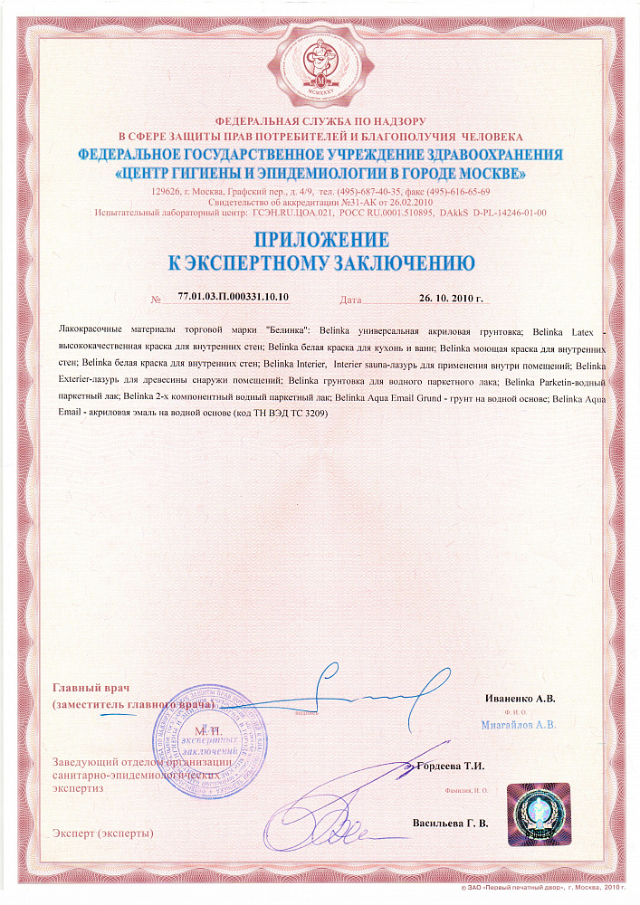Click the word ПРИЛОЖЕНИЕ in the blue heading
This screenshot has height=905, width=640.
tap(321, 241)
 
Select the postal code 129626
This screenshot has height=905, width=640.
tap(166, 193)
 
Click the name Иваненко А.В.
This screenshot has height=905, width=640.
tap(520, 699)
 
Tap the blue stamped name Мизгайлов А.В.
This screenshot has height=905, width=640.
tap(519, 725)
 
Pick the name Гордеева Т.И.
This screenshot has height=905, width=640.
tap(450, 766)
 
